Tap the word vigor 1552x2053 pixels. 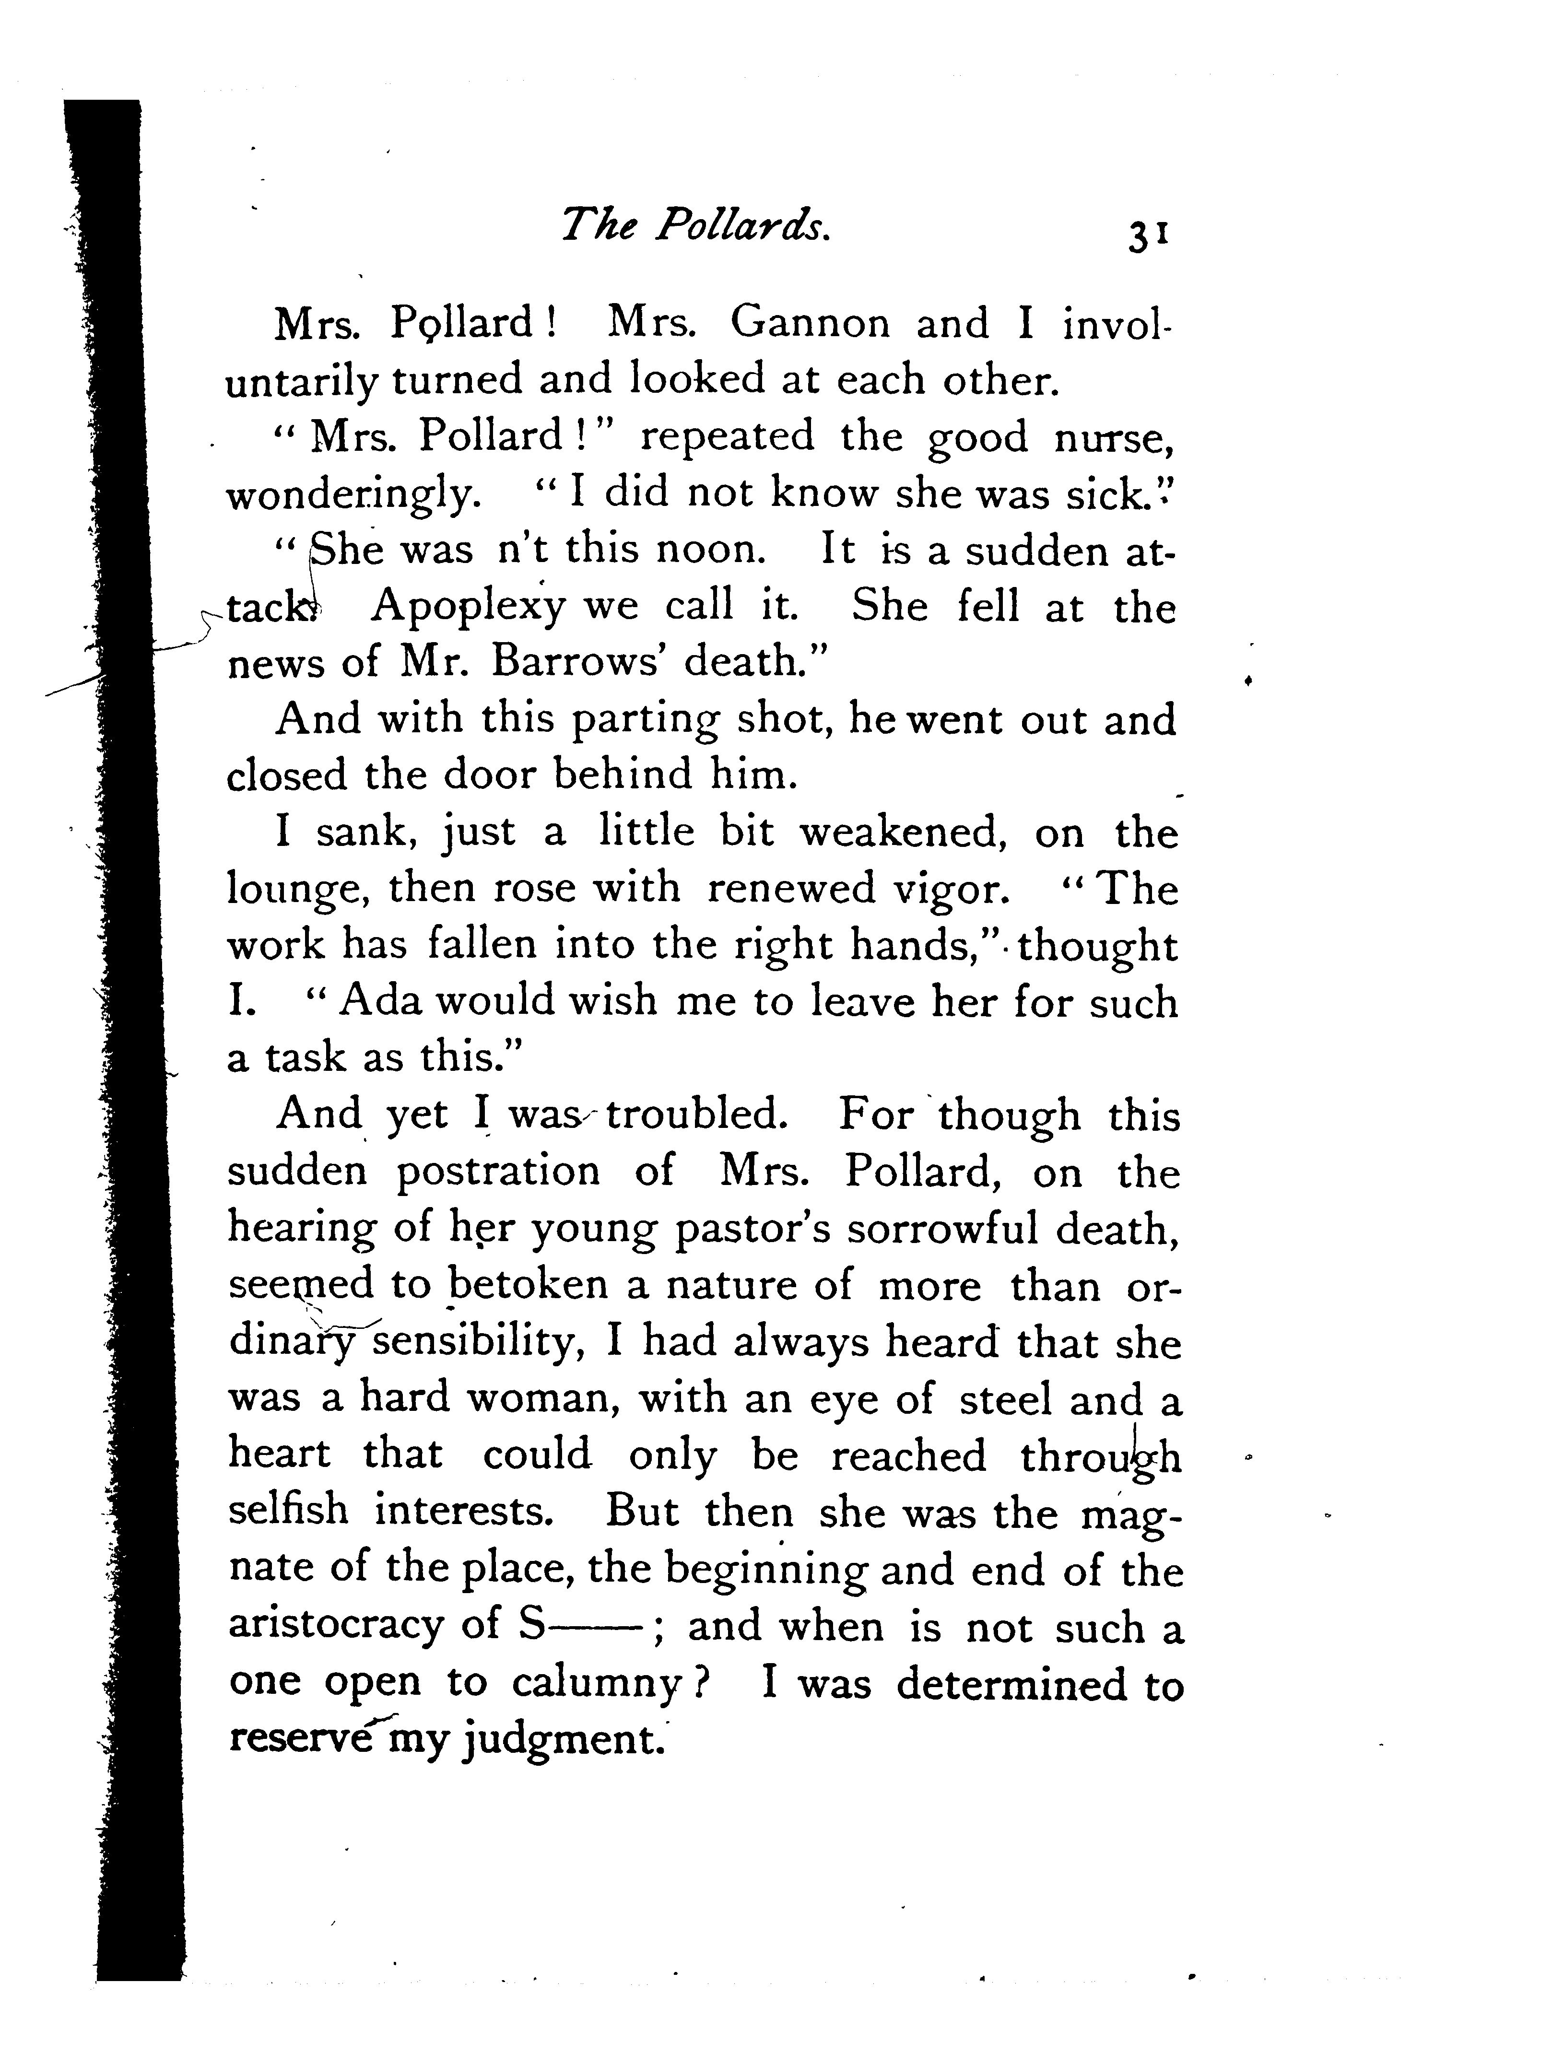950,889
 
